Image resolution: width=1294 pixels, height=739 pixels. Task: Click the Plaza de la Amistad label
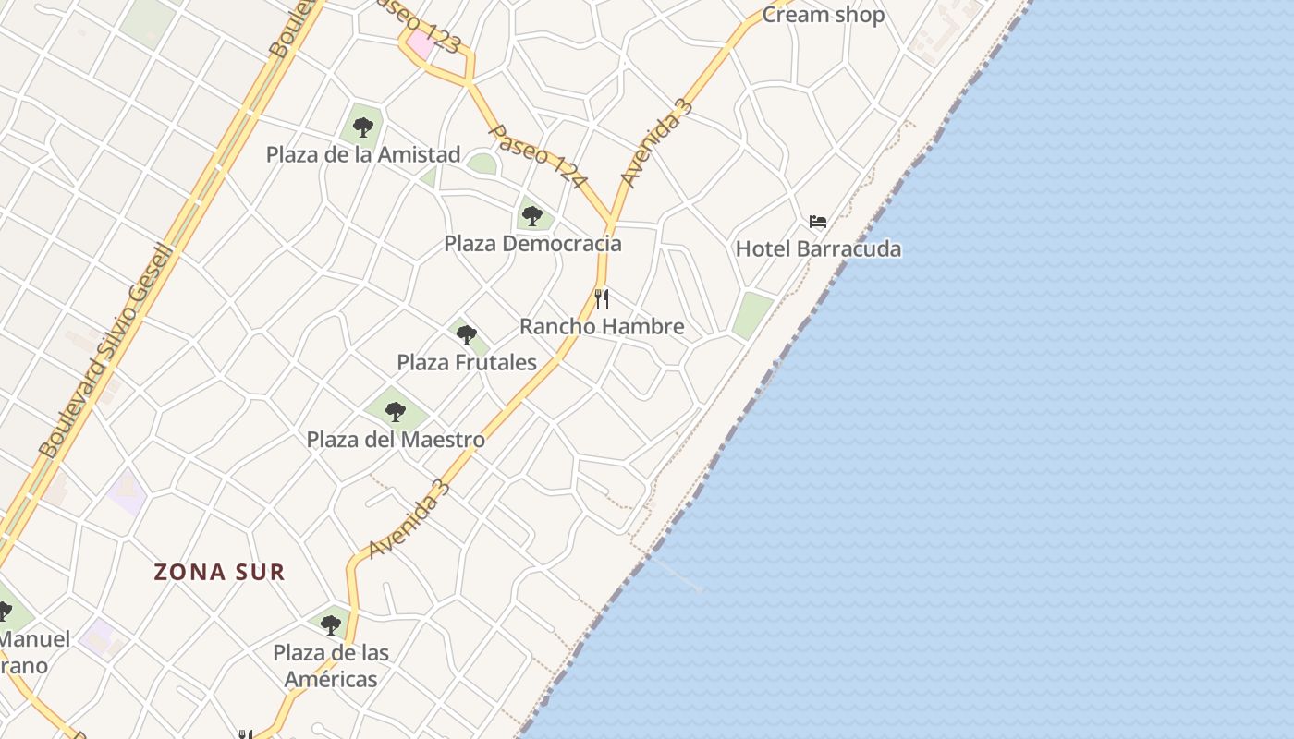coord(363,154)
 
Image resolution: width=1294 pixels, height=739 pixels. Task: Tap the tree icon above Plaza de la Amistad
coord(363,127)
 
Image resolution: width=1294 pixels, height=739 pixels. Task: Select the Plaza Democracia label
coord(532,244)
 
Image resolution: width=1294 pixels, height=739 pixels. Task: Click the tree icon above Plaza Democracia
coord(531,216)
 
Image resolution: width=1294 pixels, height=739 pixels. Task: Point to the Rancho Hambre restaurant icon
coord(602,298)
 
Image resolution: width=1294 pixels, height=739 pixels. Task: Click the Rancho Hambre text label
coord(602,326)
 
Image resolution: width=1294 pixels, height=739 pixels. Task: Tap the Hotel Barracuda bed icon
coord(818,222)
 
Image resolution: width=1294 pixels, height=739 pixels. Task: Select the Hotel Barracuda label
coord(818,248)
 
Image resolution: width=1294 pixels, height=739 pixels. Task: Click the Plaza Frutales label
coord(467,362)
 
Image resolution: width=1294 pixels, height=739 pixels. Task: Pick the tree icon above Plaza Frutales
coord(467,334)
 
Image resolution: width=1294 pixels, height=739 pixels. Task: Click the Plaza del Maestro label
coord(396,440)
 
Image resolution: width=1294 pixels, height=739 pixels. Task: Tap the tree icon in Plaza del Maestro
coord(396,411)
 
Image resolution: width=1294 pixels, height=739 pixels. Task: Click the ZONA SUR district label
coord(219,572)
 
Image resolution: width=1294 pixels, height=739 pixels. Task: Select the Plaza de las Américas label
coord(331,666)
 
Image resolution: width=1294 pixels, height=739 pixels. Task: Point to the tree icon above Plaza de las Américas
coord(331,624)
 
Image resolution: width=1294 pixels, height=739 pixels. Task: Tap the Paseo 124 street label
coord(536,157)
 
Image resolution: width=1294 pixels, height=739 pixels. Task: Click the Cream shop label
coord(823,15)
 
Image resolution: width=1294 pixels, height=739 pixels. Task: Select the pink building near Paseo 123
coord(421,42)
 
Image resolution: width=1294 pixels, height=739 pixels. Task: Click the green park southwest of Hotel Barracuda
coord(752,315)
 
